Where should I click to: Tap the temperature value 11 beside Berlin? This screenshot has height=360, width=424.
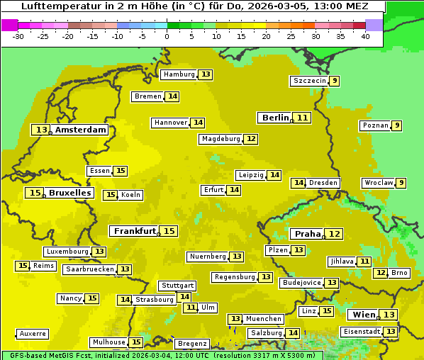click(303, 118)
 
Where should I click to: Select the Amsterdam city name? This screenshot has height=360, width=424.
click(80, 130)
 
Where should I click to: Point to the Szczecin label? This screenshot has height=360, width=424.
click(310, 81)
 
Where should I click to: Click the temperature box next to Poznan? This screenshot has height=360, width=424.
click(397, 126)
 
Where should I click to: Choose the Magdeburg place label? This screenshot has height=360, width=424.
click(221, 139)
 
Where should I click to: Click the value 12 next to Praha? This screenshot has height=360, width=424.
click(335, 234)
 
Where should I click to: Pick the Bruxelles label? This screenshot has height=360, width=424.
click(69, 193)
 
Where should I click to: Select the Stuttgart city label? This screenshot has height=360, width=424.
click(177, 286)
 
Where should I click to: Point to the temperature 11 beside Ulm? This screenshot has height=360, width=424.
click(191, 308)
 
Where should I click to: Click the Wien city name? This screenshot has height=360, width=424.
click(364, 315)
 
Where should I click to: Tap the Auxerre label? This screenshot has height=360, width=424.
click(33, 334)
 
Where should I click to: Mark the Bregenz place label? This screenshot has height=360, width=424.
click(191, 344)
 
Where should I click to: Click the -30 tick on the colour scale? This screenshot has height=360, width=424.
click(18, 36)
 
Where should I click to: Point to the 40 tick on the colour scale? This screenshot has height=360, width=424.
click(365, 36)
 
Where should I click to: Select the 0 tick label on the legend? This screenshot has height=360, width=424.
click(167, 36)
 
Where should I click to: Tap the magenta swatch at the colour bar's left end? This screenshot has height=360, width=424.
click(9, 25)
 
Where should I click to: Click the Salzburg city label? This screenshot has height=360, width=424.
click(266, 333)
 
